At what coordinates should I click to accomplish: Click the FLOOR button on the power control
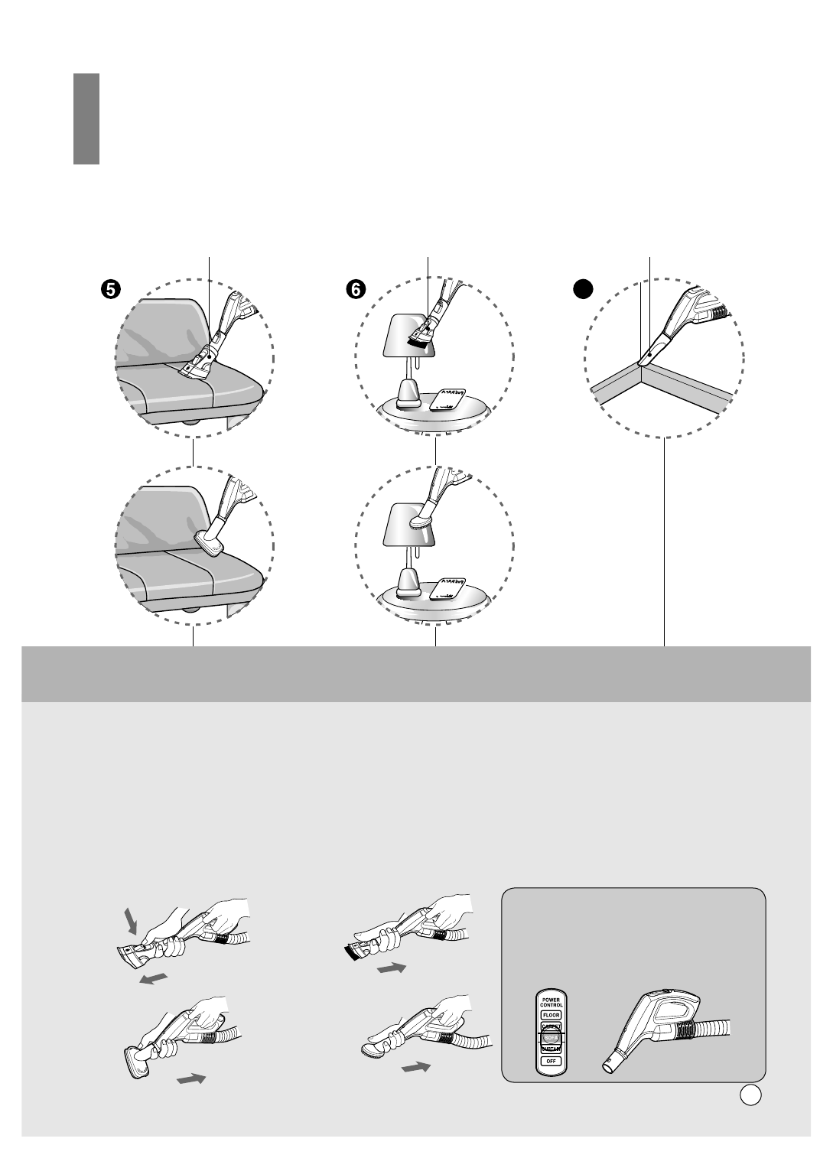pos(551,1015)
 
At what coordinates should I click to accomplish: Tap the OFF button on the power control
pos(551,1062)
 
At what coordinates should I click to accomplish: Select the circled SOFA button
pos(551,1038)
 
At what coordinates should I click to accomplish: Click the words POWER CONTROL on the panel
pos(551,1001)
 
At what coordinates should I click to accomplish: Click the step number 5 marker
pos(110,288)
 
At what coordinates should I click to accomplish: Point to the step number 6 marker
pos(355,288)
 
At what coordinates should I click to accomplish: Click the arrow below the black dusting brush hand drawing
pos(391,968)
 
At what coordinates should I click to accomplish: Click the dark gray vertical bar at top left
pos(86,119)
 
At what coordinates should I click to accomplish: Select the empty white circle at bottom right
pos(750,1095)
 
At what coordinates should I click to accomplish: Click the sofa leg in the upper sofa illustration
pos(188,421)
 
